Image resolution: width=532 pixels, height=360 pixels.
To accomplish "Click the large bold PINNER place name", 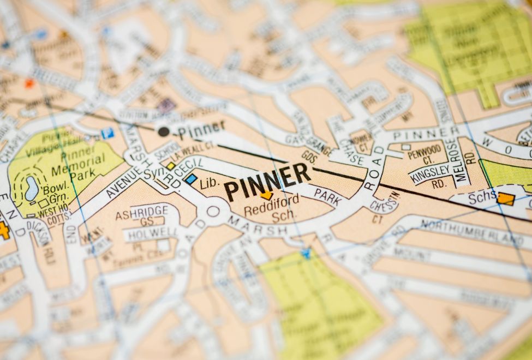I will click(267, 181).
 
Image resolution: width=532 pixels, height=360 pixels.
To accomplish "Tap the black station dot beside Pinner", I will click(163, 131).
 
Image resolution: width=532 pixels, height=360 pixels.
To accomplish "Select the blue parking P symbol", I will click(107, 133).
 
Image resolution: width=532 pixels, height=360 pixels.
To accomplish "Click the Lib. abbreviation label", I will click(209, 183).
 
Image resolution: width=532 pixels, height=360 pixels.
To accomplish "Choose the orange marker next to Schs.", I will click(506, 199).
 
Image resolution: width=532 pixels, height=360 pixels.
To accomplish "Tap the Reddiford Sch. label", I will click(264, 206).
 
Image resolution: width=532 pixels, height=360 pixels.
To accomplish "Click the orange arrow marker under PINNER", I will click(266, 194).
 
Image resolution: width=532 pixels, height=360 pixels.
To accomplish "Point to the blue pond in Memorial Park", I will click(32, 189).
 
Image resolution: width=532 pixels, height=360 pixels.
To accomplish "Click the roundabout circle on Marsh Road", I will click(213, 211).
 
